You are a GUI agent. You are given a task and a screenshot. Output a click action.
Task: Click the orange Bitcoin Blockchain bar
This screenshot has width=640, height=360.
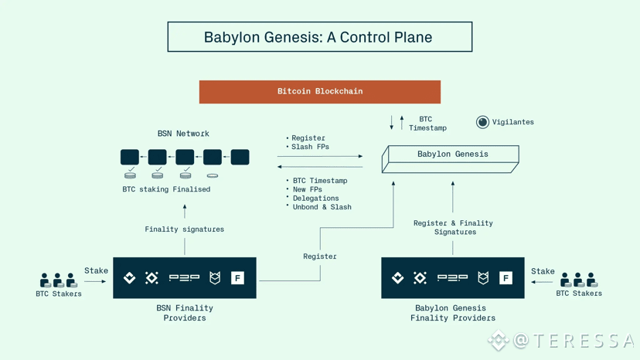319,91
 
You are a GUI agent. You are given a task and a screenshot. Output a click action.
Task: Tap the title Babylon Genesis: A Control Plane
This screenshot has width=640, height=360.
318,37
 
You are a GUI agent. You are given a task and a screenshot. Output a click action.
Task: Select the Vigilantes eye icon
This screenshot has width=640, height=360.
482,122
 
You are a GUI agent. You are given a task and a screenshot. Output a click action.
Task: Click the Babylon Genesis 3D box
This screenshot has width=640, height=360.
450,159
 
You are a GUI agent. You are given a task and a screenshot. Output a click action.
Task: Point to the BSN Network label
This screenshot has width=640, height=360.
183,134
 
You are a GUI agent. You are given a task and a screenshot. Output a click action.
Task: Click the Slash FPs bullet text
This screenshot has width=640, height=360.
310,147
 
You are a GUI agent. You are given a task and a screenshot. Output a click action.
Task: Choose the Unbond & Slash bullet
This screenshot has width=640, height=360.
322,207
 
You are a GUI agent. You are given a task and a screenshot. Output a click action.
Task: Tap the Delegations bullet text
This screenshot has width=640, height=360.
316,198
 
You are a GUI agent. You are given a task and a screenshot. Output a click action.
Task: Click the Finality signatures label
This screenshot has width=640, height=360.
185,229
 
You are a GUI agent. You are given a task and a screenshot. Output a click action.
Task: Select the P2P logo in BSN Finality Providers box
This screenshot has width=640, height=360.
184,278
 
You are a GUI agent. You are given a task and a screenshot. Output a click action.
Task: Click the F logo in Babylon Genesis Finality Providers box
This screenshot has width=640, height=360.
506,278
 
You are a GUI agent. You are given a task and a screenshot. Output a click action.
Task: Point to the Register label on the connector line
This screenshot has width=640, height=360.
320,256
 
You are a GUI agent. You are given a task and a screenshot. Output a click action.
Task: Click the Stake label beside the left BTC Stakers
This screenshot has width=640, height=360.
97,270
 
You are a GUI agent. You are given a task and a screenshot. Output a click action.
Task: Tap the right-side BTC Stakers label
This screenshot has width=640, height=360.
579,293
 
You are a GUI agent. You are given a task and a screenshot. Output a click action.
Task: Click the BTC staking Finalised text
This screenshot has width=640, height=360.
166,189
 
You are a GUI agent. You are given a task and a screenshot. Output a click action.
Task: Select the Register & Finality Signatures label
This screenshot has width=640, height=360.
454,227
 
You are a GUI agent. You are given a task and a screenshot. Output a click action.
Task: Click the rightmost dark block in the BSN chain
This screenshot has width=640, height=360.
240,157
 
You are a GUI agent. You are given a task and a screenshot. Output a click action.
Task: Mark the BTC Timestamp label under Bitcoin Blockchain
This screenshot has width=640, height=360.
427,124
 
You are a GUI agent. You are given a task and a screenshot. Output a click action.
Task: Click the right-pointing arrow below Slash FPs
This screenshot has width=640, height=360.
320,156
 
